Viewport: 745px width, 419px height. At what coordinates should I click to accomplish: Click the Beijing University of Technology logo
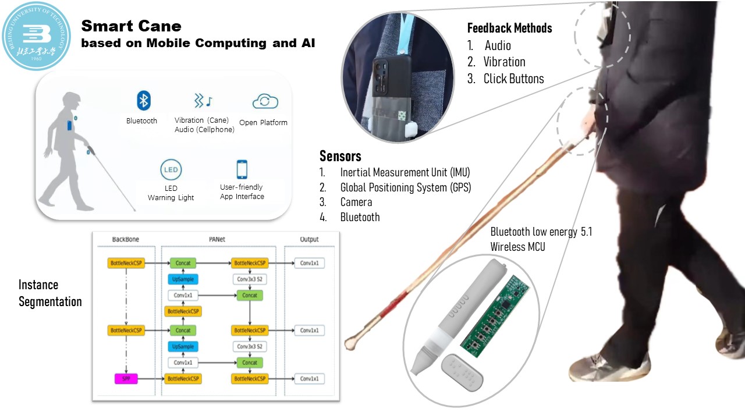click(x=36, y=36)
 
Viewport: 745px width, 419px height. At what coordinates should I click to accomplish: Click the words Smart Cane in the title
click(x=131, y=26)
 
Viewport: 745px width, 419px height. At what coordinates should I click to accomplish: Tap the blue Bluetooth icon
click(x=143, y=101)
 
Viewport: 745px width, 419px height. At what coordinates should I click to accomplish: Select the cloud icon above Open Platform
click(x=265, y=102)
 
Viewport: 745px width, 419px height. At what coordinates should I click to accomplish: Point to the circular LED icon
click(x=171, y=171)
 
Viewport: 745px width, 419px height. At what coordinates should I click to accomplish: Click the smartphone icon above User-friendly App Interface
click(x=242, y=169)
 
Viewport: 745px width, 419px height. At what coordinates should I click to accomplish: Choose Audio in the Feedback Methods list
click(x=498, y=46)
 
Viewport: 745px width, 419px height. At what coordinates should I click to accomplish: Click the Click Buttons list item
click(x=513, y=79)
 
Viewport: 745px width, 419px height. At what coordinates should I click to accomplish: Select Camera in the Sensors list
click(x=356, y=202)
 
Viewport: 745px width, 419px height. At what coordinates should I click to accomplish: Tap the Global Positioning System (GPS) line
click(x=405, y=187)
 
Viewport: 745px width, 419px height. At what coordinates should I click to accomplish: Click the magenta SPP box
click(x=126, y=379)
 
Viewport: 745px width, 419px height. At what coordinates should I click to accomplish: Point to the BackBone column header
click(x=125, y=239)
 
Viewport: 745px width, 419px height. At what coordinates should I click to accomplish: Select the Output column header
click(x=309, y=239)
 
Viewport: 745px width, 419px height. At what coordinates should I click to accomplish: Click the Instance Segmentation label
click(x=49, y=293)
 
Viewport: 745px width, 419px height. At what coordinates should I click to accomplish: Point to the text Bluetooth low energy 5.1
click(x=541, y=232)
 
